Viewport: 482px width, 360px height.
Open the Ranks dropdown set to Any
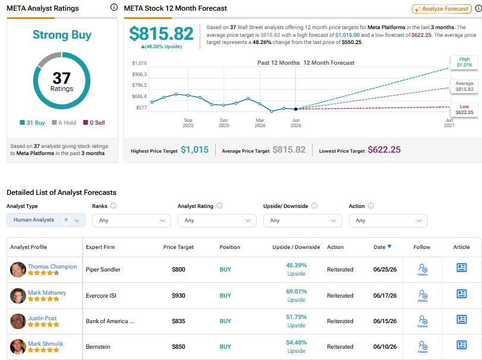click(131, 220)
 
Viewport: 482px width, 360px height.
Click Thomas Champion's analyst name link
click(52, 266)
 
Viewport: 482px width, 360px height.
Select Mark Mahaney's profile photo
click(18, 295)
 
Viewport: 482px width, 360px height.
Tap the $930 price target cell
click(179, 295)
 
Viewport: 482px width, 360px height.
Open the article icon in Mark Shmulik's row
click(461, 345)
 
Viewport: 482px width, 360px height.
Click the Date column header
click(382, 247)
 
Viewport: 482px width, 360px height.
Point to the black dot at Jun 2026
click(296, 109)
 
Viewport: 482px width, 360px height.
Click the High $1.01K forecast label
click(464, 62)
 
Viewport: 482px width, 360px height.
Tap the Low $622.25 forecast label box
click(464, 110)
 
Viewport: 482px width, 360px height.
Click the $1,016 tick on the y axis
click(139, 63)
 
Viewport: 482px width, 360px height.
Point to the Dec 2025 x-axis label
click(224, 123)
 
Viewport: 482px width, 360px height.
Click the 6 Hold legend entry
click(64, 122)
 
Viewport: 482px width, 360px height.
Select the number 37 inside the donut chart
click(61, 78)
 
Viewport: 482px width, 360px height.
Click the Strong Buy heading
click(62, 34)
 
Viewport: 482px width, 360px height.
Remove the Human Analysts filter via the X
click(66, 220)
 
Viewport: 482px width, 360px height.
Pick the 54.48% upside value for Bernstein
click(297, 343)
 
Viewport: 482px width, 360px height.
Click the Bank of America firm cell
click(110, 321)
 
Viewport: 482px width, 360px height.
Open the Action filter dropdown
click(388, 220)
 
